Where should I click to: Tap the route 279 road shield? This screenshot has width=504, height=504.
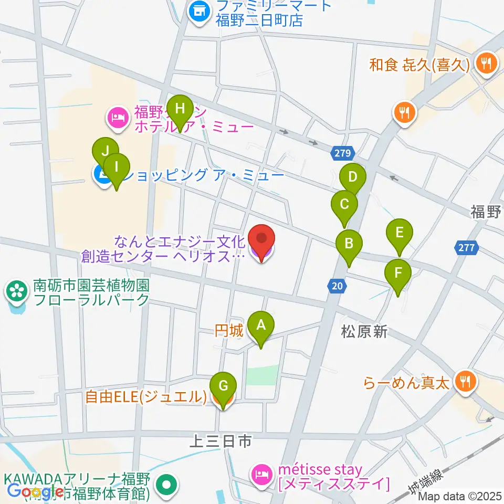pyautogui.click(x=344, y=153)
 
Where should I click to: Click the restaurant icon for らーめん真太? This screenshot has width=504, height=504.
pyautogui.click(x=464, y=379)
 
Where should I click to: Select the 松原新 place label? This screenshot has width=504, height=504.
pyautogui.click(x=364, y=331)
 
